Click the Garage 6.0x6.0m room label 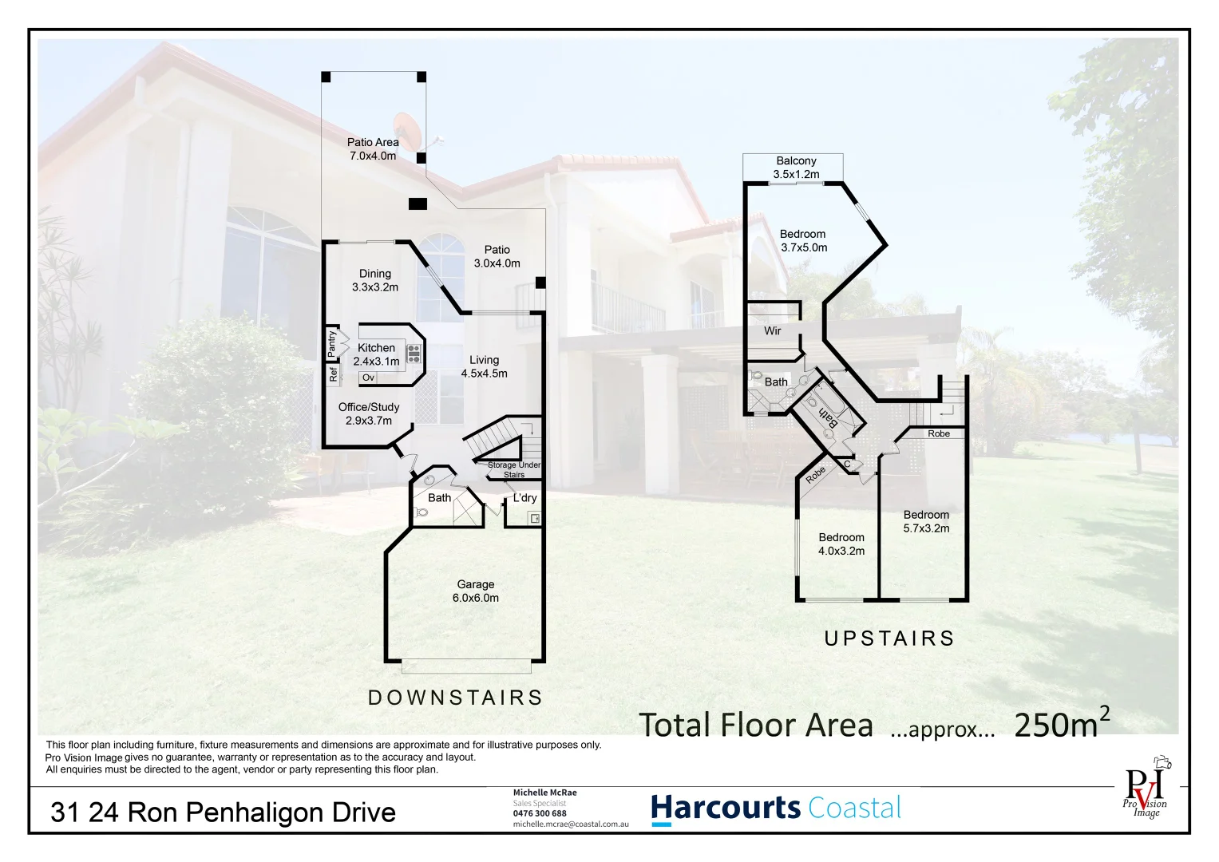click(476, 591)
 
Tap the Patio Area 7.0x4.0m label click(373, 149)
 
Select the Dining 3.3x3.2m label click(374, 280)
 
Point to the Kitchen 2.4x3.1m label click(376, 354)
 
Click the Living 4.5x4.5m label click(484, 366)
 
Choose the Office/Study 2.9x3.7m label click(368, 413)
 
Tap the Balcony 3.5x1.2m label click(796, 168)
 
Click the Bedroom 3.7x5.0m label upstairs click(803, 240)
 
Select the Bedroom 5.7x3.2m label click(926, 521)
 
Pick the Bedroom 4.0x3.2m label click(841, 544)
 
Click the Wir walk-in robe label click(772, 330)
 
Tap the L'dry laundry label click(524, 498)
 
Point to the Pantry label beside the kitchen click(332, 343)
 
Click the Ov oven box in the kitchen click(368, 378)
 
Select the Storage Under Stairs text click(514, 469)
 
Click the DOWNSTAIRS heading click(455, 698)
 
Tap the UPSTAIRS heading click(889, 639)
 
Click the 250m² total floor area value click(1061, 724)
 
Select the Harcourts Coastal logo click(776, 808)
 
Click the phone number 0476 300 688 click(540, 813)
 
